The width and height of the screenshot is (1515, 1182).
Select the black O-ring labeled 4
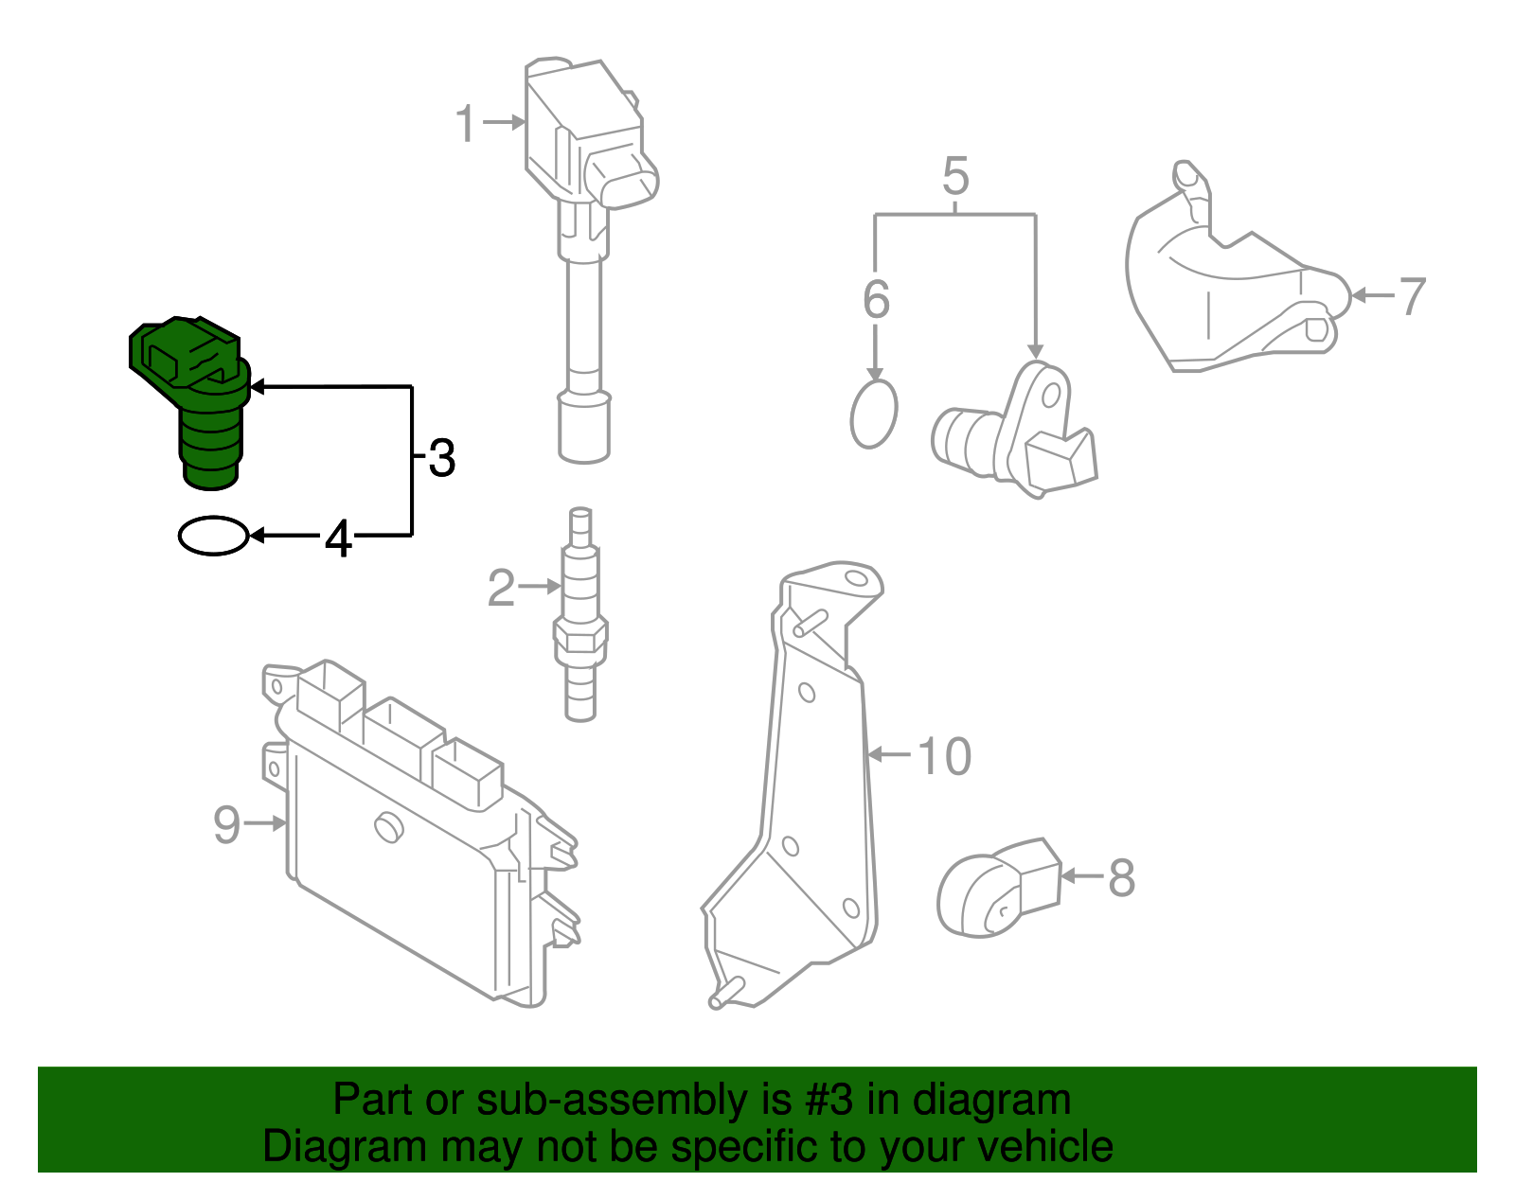click(213, 536)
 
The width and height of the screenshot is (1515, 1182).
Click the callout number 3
click(441, 459)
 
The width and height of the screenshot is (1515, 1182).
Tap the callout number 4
click(338, 539)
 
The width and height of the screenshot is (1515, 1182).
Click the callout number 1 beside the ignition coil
click(465, 124)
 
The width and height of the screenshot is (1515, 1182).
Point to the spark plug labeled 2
click(580, 615)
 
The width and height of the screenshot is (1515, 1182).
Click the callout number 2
click(501, 589)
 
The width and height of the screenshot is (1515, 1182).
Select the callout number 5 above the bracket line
click(955, 177)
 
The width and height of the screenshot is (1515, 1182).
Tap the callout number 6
click(876, 300)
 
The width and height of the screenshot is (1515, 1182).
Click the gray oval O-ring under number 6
click(873, 415)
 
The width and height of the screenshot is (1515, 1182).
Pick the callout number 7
click(1412, 297)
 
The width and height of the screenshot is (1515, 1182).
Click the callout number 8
click(1121, 878)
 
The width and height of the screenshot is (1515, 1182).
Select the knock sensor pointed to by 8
click(994, 890)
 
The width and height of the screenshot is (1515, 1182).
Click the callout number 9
click(227, 824)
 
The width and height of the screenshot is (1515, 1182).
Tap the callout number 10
click(944, 757)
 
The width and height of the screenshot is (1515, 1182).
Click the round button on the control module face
click(388, 826)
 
